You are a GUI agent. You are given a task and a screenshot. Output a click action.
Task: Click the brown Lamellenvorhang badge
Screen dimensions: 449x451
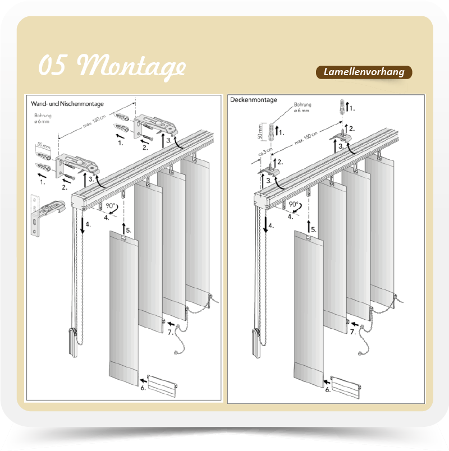click(364, 72)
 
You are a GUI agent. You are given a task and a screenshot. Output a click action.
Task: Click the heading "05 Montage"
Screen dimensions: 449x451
click(112, 66)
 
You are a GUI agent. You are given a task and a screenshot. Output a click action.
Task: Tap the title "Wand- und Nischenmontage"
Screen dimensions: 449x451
click(67, 104)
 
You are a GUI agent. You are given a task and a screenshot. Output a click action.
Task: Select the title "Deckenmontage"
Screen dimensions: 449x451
click(254, 100)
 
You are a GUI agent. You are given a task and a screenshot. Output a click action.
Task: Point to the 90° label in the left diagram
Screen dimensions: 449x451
click(110, 205)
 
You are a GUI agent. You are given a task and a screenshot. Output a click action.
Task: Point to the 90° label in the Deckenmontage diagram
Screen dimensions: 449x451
click(294, 204)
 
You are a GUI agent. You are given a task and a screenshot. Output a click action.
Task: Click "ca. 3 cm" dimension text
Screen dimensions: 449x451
click(265, 151)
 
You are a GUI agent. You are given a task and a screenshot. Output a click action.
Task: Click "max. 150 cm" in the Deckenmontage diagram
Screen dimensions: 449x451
click(306, 138)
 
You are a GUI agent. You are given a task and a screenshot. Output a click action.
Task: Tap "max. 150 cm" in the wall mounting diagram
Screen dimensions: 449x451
click(95, 121)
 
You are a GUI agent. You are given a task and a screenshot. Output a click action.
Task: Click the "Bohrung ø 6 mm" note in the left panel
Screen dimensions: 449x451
click(43, 118)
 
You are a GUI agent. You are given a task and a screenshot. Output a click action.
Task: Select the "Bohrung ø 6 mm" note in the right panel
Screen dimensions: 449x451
click(302, 107)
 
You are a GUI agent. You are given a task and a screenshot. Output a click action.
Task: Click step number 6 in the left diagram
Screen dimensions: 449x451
click(143, 388)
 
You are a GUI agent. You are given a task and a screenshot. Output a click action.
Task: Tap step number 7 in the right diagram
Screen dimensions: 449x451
click(353, 332)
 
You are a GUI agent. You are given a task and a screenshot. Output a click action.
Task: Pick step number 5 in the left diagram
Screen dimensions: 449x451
click(129, 230)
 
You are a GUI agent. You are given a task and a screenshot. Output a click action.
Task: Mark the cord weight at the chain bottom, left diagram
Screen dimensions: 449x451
click(73, 342)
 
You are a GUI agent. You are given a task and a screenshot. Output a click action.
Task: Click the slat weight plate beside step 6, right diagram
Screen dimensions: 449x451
click(346, 387)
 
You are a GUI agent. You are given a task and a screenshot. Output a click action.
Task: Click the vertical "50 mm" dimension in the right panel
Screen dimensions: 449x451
click(260, 131)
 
